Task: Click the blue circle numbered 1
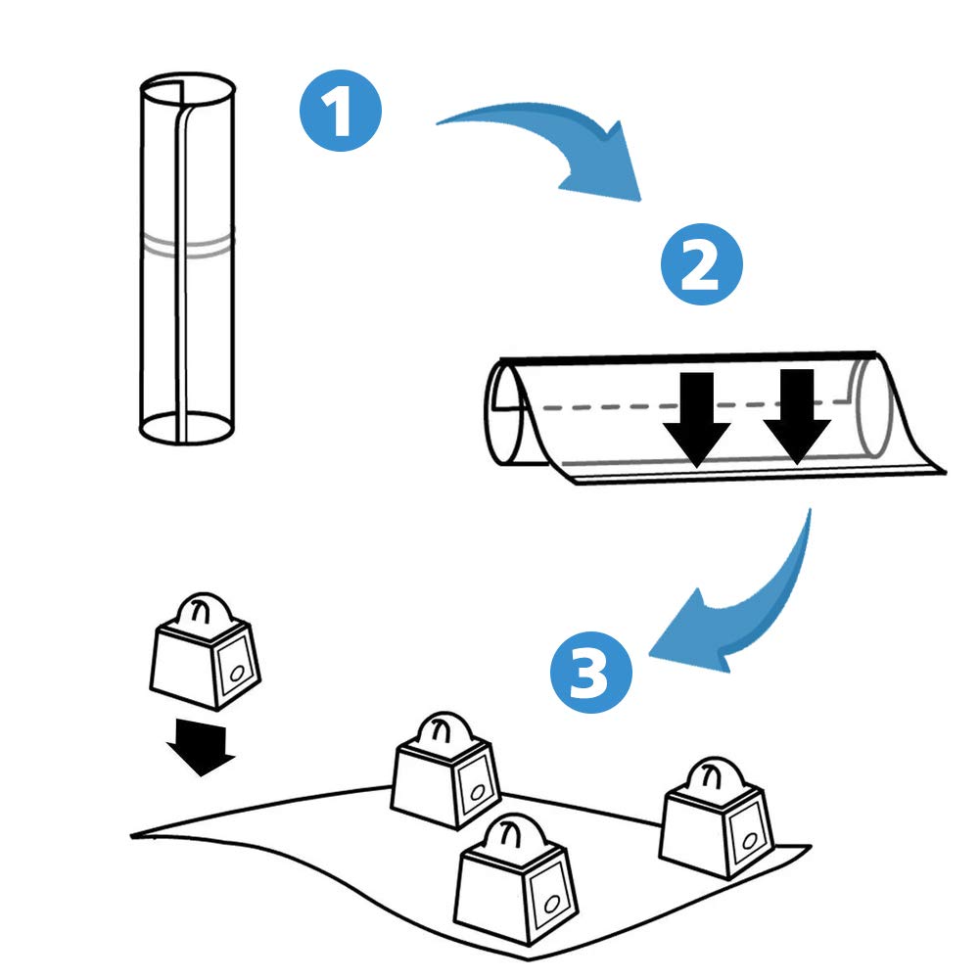(x=341, y=110)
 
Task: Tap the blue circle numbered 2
(x=701, y=264)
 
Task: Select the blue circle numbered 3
(x=590, y=673)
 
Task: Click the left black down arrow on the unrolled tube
(x=697, y=420)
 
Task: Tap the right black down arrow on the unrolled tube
(x=797, y=417)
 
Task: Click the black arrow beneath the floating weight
(x=200, y=748)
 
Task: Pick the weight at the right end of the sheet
(x=717, y=817)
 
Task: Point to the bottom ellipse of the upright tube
(x=188, y=428)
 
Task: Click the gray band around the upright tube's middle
(x=188, y=246)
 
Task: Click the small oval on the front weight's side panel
(x=552, y=905)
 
